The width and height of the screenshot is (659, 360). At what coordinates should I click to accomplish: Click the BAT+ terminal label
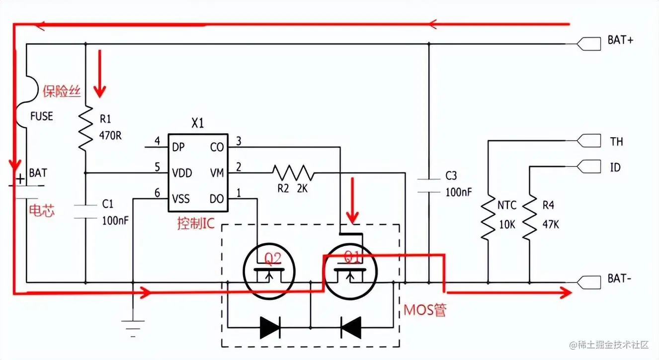point(620,41)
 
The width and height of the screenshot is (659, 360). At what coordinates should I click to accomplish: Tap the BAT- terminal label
point(619,278)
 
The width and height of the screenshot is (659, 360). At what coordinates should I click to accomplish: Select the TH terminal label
point(616,142)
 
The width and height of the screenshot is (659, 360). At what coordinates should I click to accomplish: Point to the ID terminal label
point(615,167)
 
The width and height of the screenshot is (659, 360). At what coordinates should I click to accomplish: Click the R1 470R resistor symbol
point(85,128)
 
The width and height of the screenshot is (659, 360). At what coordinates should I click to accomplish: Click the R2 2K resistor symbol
point(293,173)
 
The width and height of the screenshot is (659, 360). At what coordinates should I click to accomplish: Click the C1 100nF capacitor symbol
point(85,211)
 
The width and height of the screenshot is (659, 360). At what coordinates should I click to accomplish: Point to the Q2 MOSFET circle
point(269,272)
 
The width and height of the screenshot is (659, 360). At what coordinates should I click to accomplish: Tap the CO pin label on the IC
point(217,147)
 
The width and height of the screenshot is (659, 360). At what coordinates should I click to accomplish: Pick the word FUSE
point(41,116)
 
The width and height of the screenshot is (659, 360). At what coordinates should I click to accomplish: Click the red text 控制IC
point(195,224)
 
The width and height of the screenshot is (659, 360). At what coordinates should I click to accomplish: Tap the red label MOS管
point(424,311)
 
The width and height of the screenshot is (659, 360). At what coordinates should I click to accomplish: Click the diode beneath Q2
point(270,327)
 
